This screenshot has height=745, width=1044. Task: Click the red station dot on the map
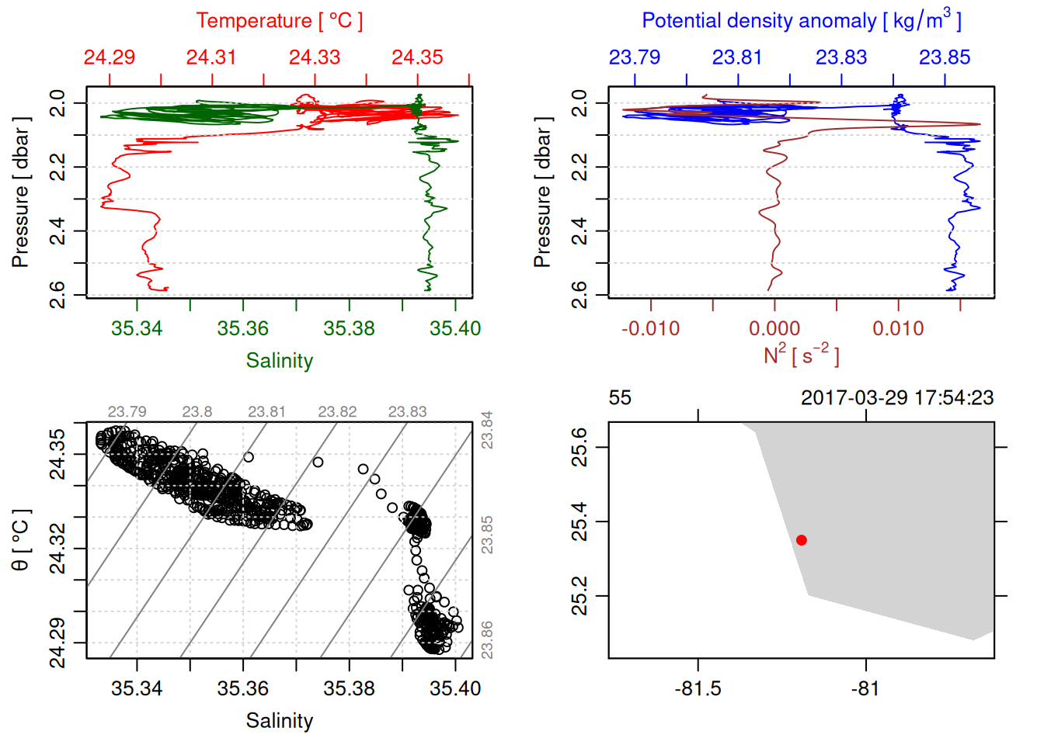click(802, 540)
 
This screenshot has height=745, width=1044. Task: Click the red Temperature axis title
click(279, 21)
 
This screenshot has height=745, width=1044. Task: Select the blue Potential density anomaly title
click(801, 21)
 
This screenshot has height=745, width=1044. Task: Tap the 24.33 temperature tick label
click(315, 57)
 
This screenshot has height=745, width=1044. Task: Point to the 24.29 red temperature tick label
click(110, 57)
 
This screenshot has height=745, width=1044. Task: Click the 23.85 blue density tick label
click(945, 57)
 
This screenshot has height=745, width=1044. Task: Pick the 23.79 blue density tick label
click(635, 57)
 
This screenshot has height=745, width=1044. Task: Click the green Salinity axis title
click(279, 361)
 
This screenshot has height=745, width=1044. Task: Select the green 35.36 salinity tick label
click(243, 328)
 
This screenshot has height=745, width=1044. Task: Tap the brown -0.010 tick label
click(651, 328)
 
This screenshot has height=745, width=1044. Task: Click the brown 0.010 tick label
click(899, 328)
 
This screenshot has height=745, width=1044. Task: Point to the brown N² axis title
click(801, 355)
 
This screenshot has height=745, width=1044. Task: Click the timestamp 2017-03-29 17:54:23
click(897, 398)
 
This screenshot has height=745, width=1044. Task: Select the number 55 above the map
click(620, 398)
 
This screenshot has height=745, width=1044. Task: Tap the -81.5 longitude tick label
click(698, 688)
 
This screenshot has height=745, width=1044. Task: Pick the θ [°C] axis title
click(21, 540)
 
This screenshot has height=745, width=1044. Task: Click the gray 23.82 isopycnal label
click(337, 411)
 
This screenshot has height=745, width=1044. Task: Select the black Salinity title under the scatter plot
click(279, 721)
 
